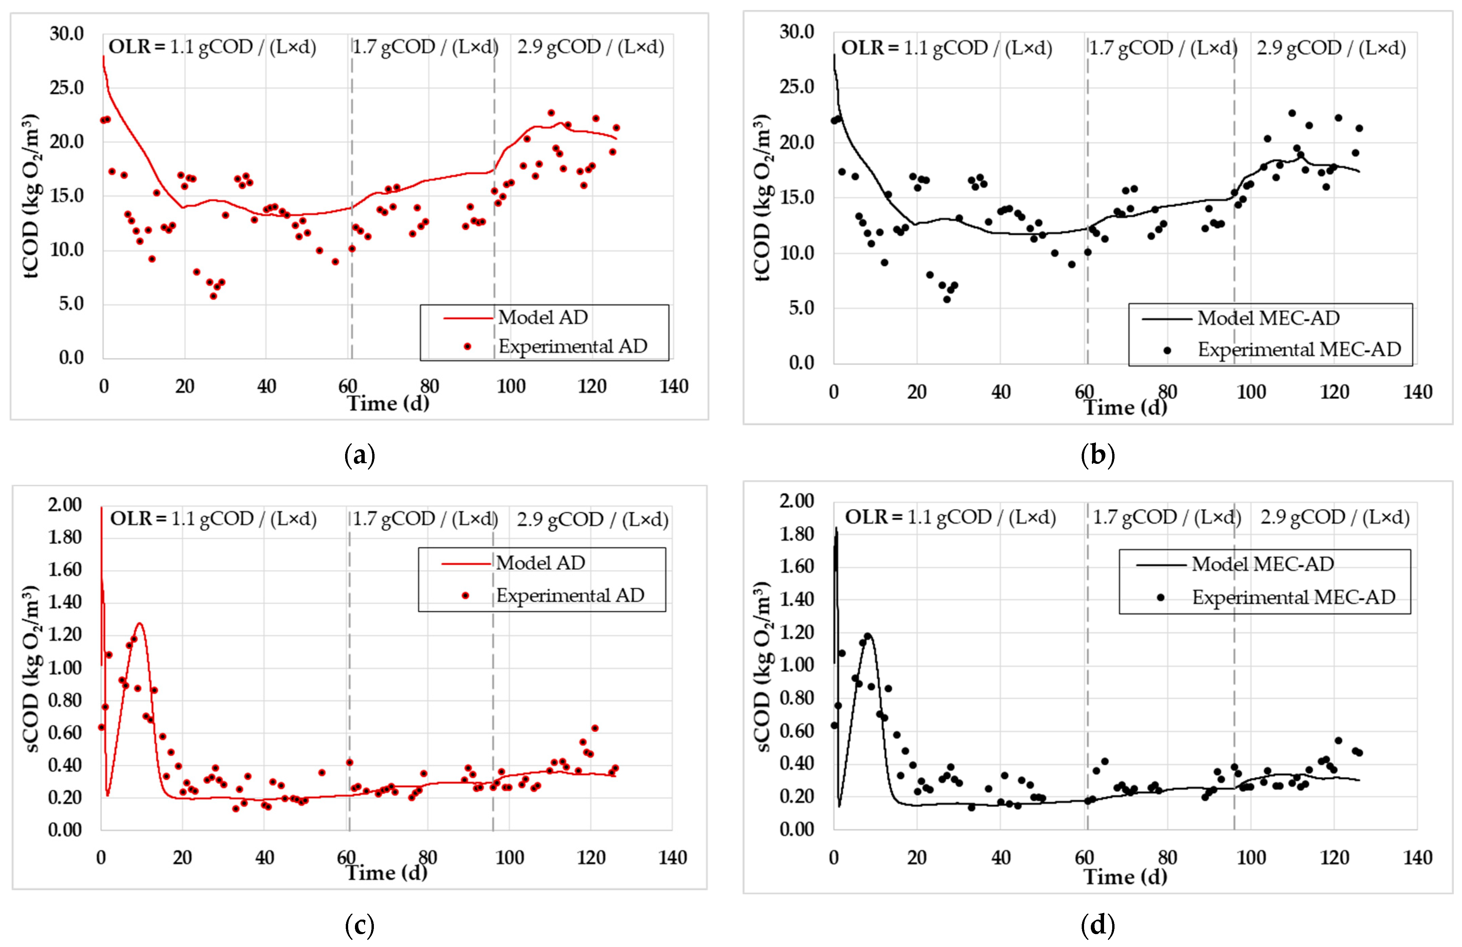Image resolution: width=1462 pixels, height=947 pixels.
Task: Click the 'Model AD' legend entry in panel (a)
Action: [543, 318]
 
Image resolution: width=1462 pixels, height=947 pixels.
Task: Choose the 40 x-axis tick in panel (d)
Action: [1001, 857]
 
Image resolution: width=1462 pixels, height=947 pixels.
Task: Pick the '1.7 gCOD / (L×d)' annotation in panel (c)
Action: [424, 519]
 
